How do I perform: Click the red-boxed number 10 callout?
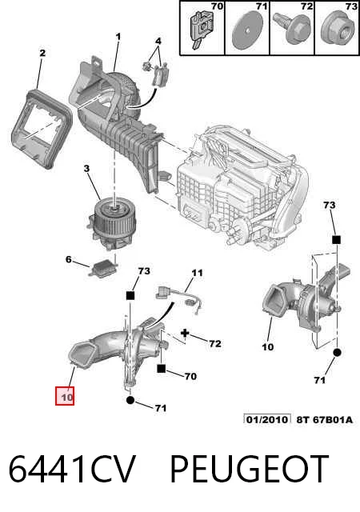coord(65,396)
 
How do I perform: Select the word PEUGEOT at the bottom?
coord(250,470)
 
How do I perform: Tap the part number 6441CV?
coord(72,470)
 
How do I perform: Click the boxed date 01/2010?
coord(267,419)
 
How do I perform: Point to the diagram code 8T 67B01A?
coord(324,419)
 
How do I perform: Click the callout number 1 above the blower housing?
coord(118,37)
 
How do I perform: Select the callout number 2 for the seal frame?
coord(42,53)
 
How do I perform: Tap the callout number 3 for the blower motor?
coord(86,169)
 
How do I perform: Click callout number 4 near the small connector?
coord(158,41)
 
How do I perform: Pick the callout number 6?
coord(68,259)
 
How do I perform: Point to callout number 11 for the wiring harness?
coord(197,272)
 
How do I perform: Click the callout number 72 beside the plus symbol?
coord(215,343)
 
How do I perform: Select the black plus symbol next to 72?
coord(186,334)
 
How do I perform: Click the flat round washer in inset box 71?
coord(246,30)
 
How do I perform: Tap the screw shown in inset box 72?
coord(292,27)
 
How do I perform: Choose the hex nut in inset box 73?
coord(337,30)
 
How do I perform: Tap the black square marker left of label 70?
coord(162,369)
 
